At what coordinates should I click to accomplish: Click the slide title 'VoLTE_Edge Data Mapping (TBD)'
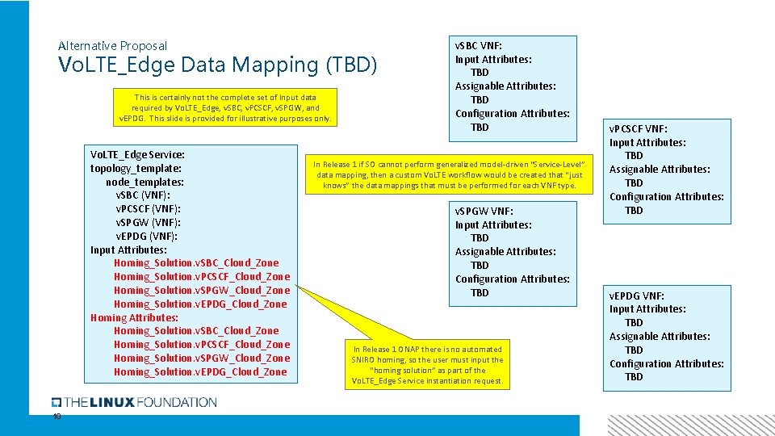point(218,65)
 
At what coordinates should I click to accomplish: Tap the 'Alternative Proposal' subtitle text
point(113,46)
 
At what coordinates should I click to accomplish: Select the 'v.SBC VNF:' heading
point(479,45)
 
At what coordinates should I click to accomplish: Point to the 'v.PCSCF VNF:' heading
point(639,128)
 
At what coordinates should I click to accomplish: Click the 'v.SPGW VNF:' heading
point(484,211)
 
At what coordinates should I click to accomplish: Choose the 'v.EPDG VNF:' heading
point(636,296)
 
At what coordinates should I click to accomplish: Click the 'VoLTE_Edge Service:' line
point(137,153)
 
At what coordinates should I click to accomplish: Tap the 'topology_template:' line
point(136,168)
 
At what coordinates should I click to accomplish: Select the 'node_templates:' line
point(145,182)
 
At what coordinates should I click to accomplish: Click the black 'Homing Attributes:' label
point(134,317)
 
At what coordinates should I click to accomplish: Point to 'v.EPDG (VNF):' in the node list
point(147,236)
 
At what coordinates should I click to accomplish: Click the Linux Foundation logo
point(134,402)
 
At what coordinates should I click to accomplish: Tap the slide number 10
point(57,417)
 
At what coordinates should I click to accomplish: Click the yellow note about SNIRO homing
point(428,365)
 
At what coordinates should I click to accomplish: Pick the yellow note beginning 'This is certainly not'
point(225,107)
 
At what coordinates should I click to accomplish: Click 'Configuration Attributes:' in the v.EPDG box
point(667,363)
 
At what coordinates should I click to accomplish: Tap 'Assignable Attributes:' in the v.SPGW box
point(505,251)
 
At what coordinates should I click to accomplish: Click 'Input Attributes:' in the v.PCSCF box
point(647,142)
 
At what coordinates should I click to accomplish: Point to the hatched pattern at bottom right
point(690,425)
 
